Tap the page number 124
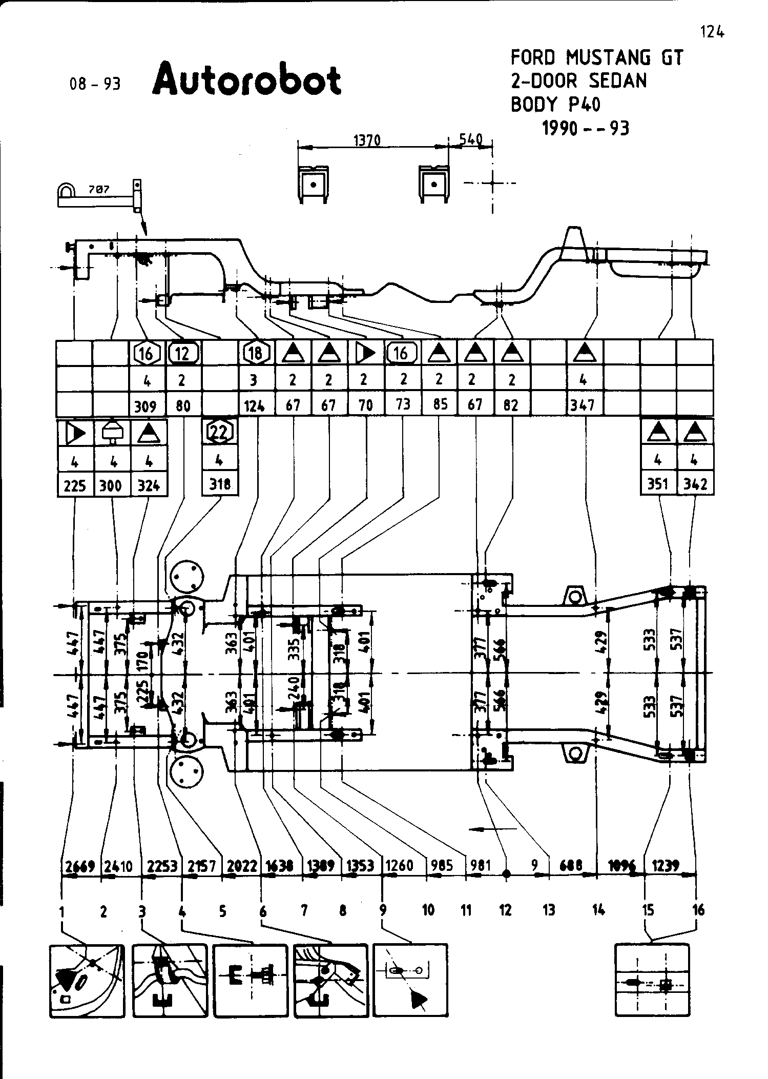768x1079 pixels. [712, 33]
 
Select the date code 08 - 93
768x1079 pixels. [95, 84]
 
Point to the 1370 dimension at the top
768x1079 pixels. [367, 140]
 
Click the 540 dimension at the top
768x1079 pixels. [471, 139]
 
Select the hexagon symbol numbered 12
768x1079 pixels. [183, 353]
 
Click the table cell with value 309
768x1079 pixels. [146, 406]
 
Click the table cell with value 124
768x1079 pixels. [255, 406]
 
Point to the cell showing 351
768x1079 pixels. [657, 484]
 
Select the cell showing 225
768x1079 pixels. [75, 485]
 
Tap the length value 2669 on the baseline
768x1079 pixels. [80, 866]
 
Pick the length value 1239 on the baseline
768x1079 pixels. [666, 865]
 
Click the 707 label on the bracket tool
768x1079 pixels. [99, 190]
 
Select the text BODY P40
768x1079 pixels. [556, 104]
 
